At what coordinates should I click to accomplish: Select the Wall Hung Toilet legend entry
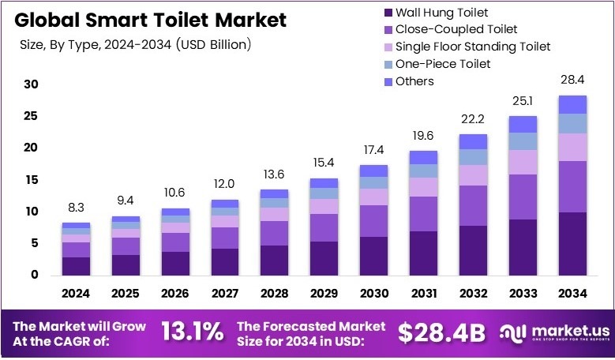click(x=441, y=13)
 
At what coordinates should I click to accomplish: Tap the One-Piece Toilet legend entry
click(x=443, y=64)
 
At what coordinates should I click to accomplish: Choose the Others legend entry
click(x=414, y=81)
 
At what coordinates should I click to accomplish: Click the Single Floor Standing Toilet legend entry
click(x=472, y=47)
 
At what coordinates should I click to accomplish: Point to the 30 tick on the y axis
click(x=31, y=84)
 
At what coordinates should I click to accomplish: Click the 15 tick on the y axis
click(x=31, y=180)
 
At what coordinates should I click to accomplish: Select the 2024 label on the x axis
click(x=77, y=294)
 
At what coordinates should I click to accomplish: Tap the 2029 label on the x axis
click(x=324, y=294)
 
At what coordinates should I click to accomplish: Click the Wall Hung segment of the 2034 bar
click(x=572, y=244)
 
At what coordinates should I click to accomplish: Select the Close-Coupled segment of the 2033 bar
click(x=522, y=197)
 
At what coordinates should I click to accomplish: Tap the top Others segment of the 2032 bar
click(x=472, y=141)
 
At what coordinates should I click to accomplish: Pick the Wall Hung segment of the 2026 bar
click(x=175, y=263)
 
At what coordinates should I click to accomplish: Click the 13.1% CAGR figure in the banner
click(x=192, y=332)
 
